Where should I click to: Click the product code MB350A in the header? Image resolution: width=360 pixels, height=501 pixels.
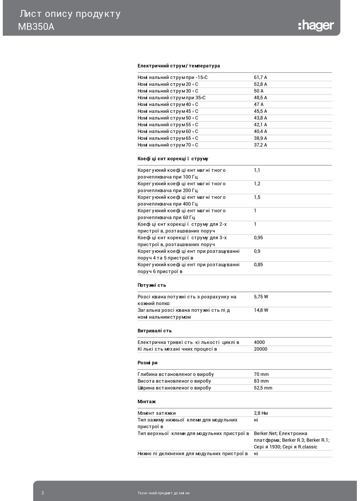pos(36,27)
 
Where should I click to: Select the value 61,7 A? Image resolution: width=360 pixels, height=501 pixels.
pos(261,78)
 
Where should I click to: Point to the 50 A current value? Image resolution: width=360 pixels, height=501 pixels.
pos(259,91)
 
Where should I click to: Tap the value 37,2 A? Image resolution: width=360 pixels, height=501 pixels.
pos(261,145)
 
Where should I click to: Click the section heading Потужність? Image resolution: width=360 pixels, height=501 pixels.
pos(152,285)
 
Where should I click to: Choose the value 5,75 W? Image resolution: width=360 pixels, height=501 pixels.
pos(261,297)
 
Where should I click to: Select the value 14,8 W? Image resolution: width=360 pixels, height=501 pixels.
pos(261,310)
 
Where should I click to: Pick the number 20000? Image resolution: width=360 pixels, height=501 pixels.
pos(261,349)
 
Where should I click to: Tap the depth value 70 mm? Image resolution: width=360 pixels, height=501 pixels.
pos(261,374)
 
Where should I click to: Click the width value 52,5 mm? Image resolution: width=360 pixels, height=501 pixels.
pos(263,388)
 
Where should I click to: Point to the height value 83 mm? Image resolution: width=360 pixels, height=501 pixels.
pos(261,381)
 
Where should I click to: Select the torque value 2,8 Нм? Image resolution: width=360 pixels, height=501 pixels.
pos(261,413)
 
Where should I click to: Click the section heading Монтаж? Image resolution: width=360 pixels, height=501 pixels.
pos(146,401)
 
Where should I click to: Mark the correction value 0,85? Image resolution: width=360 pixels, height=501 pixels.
pos(258,265)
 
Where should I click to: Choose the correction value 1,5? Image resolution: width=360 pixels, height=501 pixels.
pos(257,197)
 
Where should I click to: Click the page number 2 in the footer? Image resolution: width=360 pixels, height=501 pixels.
pos(43,493)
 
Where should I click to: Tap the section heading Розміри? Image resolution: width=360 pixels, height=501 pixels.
pos(147,363)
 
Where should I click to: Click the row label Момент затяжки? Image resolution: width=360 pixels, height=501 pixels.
pos(157,413)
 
